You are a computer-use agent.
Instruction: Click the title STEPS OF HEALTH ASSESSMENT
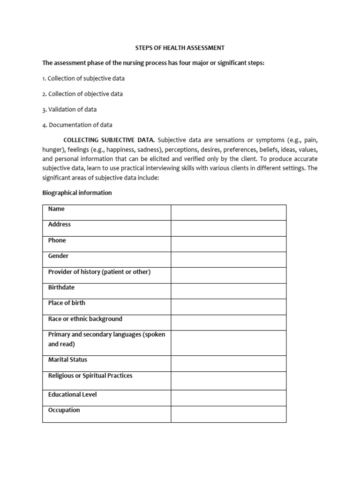pyautogui.click(x=180, y=48)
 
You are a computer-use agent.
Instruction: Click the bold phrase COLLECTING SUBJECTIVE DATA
pyautogui.click(x=109, y=140)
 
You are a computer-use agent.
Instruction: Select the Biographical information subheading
pyautogui.click(x=77, y=193)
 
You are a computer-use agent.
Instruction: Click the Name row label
pyautogui.click(x=56, y=209)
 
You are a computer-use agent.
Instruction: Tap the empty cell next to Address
pyautogui.click(x=228, y=228)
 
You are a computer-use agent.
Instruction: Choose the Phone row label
pyautogui.click(x=57, y=240)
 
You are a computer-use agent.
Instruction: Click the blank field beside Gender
pyautogui.click(x=228, y=260)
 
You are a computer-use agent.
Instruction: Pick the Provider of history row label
pyautogui.click(x=99, y=272)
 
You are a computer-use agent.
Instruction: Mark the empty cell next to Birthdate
pyautogui.click(x=228, y=291)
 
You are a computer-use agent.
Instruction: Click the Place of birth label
pyautogui.click(x=67, y=303)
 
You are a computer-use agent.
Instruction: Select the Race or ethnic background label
pyautogui.click(x=85, y=319)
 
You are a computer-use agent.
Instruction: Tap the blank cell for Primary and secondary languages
pyautogui.click(x=228, y=343)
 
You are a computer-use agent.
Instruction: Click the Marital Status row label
pyautogui.click(x=67, y=360)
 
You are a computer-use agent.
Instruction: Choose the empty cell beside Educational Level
pyautogui.click(x=228, y=398)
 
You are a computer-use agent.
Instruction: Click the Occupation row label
pyautogui.click(x=64, y=410)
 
